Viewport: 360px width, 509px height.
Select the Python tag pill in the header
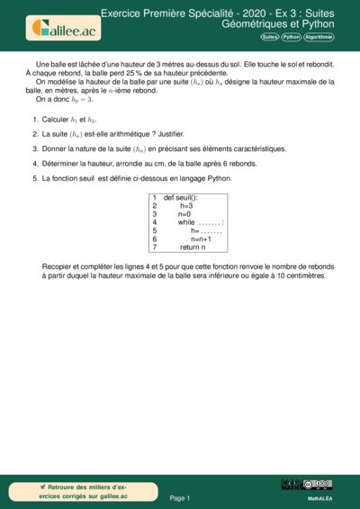click(291, 38)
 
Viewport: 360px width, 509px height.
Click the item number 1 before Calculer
click(34, 119)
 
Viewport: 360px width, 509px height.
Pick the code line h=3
click(186, 205)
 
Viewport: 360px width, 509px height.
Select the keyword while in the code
click(186, 222)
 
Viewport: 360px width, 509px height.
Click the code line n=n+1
click(200, 238)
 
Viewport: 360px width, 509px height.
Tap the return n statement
click(193, 246)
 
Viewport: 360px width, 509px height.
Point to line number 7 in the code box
click(155, 246)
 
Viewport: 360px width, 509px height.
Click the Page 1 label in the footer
click(180, 497)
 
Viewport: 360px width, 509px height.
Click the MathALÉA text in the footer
click(321, 497)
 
